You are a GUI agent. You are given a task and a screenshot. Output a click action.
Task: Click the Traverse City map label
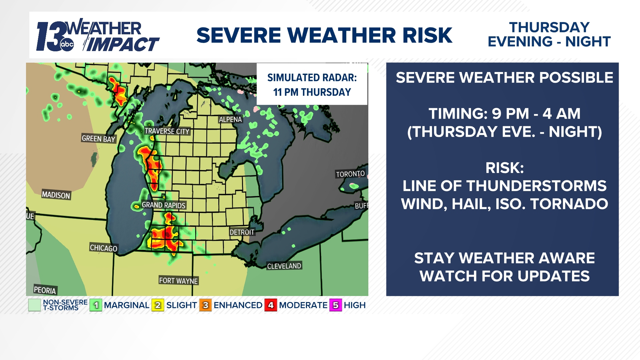click(167, 131)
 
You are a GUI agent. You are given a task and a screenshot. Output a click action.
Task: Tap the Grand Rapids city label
click(163, 205)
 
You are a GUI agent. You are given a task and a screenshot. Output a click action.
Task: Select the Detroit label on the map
click(242, 232)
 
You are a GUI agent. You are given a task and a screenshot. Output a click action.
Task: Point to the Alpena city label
click(230, 120)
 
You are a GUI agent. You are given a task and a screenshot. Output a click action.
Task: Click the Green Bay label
click(98, 139)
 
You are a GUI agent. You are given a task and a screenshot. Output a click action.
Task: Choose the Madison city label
click(56, 195)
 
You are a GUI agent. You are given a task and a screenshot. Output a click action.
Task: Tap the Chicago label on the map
click(104, 248)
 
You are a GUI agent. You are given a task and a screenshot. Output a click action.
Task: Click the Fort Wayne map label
click(178, 281)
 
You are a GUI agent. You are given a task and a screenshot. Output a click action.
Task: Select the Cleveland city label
click(284, 266)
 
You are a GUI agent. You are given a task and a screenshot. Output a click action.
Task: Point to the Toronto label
click(350, 174)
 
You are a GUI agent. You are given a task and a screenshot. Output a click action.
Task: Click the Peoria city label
click(45, 290)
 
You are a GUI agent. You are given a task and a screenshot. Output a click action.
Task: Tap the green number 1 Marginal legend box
click(96, 305)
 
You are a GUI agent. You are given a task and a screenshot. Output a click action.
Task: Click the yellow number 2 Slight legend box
click(158, 305)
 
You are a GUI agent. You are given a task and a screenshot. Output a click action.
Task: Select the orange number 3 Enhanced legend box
click(205, 305)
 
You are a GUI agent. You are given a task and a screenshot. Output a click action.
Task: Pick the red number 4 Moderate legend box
click(271, 305)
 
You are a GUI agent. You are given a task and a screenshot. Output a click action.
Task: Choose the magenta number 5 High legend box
click(336, 305)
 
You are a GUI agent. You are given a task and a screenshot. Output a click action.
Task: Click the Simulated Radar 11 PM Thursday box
click(312, 85)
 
